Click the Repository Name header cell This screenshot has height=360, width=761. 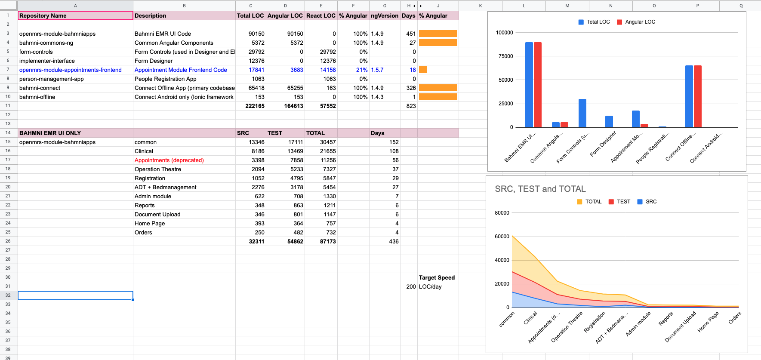click(75, 15)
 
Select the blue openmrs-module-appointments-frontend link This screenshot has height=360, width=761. click(71, 70)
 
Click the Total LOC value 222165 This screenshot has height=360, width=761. click(255, 106)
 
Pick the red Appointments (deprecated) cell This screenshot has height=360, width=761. click(169, 160)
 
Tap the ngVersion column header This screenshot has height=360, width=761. click(385, 15)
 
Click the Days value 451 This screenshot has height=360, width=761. click(411, 34)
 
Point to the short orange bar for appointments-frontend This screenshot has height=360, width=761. click(423, 70)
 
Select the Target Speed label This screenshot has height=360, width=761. click(437, 277)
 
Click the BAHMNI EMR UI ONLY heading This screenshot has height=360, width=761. click(50, 133)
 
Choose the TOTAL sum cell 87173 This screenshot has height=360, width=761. click(328, 241)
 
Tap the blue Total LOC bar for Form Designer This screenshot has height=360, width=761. click(609, 122)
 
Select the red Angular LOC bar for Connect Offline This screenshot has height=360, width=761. click(698, 96)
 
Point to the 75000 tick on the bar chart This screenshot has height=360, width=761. click(505, 56)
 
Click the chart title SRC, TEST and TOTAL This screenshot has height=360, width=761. click(540, 189)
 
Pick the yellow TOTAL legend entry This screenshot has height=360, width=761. click(589, 202)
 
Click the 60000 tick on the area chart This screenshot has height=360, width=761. click(502, 237)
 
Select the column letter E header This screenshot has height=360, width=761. click(321, 6)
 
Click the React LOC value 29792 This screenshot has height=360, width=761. click(328, 52)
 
